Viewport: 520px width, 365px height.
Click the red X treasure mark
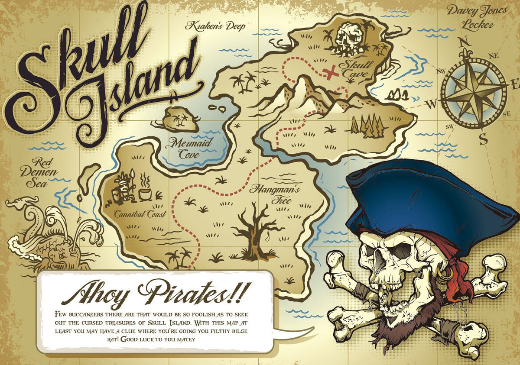point(332,72)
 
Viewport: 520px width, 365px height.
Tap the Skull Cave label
point(356,70)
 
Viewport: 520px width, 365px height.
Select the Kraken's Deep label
point(215,26)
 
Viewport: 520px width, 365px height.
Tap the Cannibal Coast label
point(140,214)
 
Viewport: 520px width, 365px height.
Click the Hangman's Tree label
point(269,194)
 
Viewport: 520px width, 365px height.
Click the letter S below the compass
point(483,139)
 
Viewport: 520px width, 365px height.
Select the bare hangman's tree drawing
point(256,232)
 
